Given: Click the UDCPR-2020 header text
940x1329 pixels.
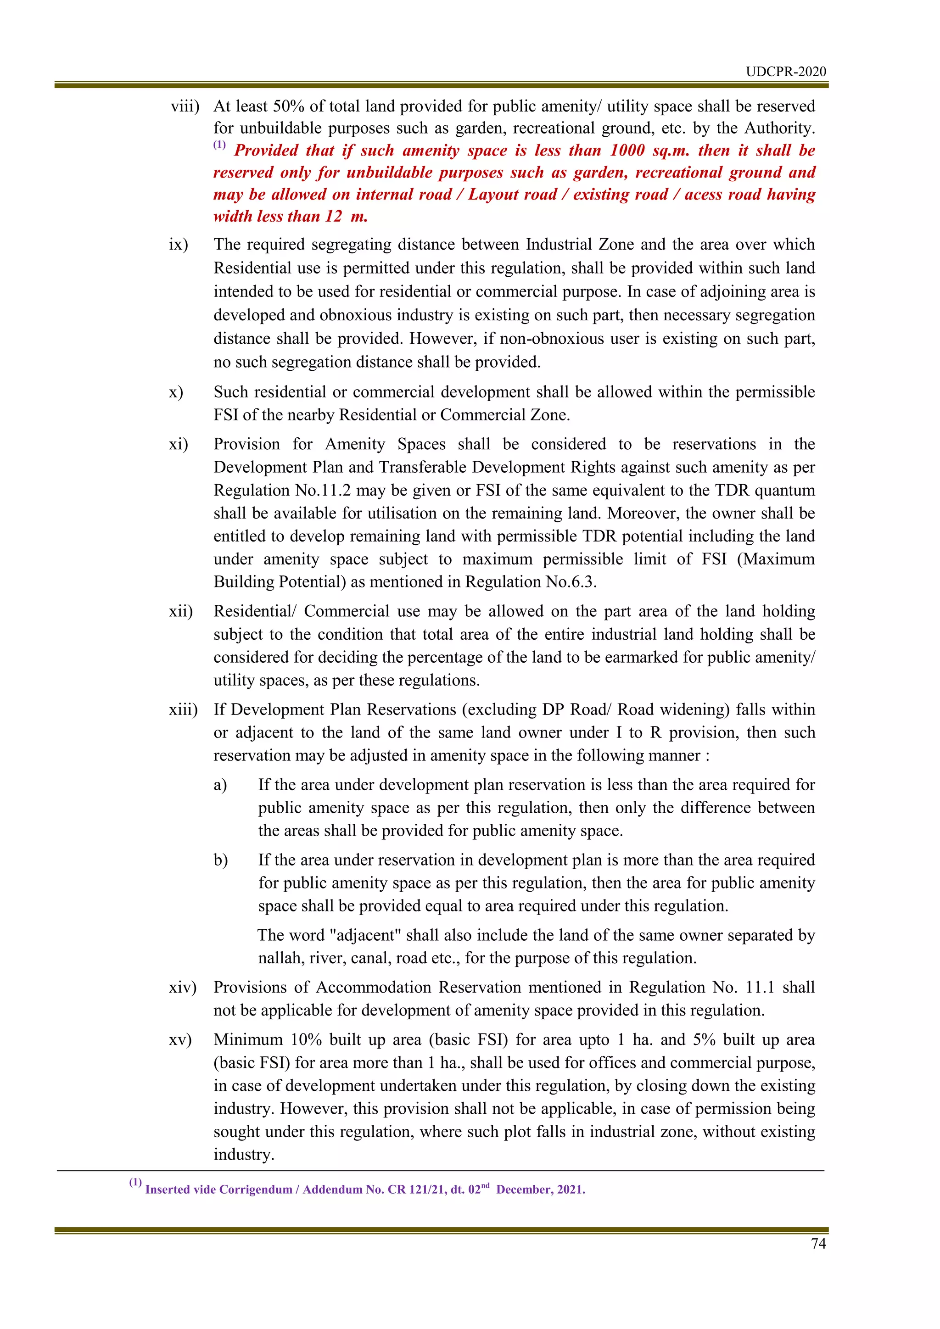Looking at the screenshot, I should pyautogui.click(x=785, y=72).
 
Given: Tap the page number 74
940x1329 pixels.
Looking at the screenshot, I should pyautogui.click(x=818, y=1243).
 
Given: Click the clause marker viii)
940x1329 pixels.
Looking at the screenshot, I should pyautogui.click(x=185, y=106).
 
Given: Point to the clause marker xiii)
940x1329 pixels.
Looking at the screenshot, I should pyautogui.click(x=183, y=709).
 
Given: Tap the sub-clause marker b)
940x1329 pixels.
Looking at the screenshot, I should pyautogui.click(x=220, y=860).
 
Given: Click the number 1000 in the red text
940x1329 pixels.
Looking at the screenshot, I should pyautogui.click(x=627, y=151).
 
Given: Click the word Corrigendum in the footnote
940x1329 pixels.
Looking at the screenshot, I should pyautogui.click(x=255, y=1190).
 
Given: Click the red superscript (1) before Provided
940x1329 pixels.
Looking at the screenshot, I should pyautogui.click(x=219, y=145).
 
